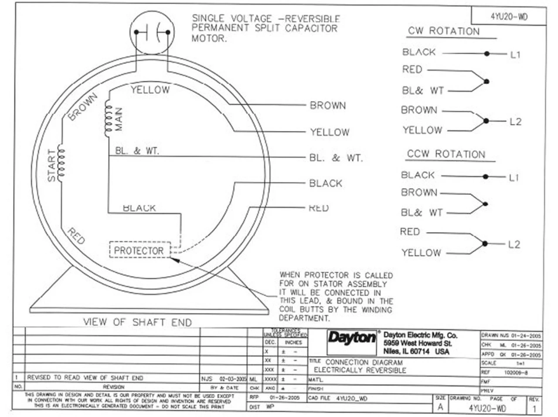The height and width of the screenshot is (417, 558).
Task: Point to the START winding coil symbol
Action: (61, 164)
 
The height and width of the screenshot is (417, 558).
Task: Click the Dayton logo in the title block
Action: (351, 338)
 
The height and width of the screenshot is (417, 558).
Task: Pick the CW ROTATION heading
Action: (443, 31)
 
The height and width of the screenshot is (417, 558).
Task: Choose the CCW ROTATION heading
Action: (446, 154)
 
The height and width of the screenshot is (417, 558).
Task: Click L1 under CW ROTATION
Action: (515, 54)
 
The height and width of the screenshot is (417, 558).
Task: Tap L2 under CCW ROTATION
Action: (514, 244)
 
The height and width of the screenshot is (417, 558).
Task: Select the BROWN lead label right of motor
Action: (328, 105)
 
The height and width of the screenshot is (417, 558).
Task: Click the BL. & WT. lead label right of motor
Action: (336, 158)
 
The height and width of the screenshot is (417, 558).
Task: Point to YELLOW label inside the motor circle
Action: (150, 90)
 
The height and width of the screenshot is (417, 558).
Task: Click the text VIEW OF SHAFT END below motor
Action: (137, 322)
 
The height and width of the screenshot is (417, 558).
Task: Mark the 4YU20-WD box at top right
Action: (509, 17)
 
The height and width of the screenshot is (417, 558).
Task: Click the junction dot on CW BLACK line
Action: (487, 54)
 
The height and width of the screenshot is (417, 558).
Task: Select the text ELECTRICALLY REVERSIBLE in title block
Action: (360, 370)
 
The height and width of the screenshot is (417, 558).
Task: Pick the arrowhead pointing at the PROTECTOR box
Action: (174, 259)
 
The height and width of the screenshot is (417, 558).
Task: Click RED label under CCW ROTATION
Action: (410, 232)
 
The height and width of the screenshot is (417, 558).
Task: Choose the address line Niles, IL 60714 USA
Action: (416, 351)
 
